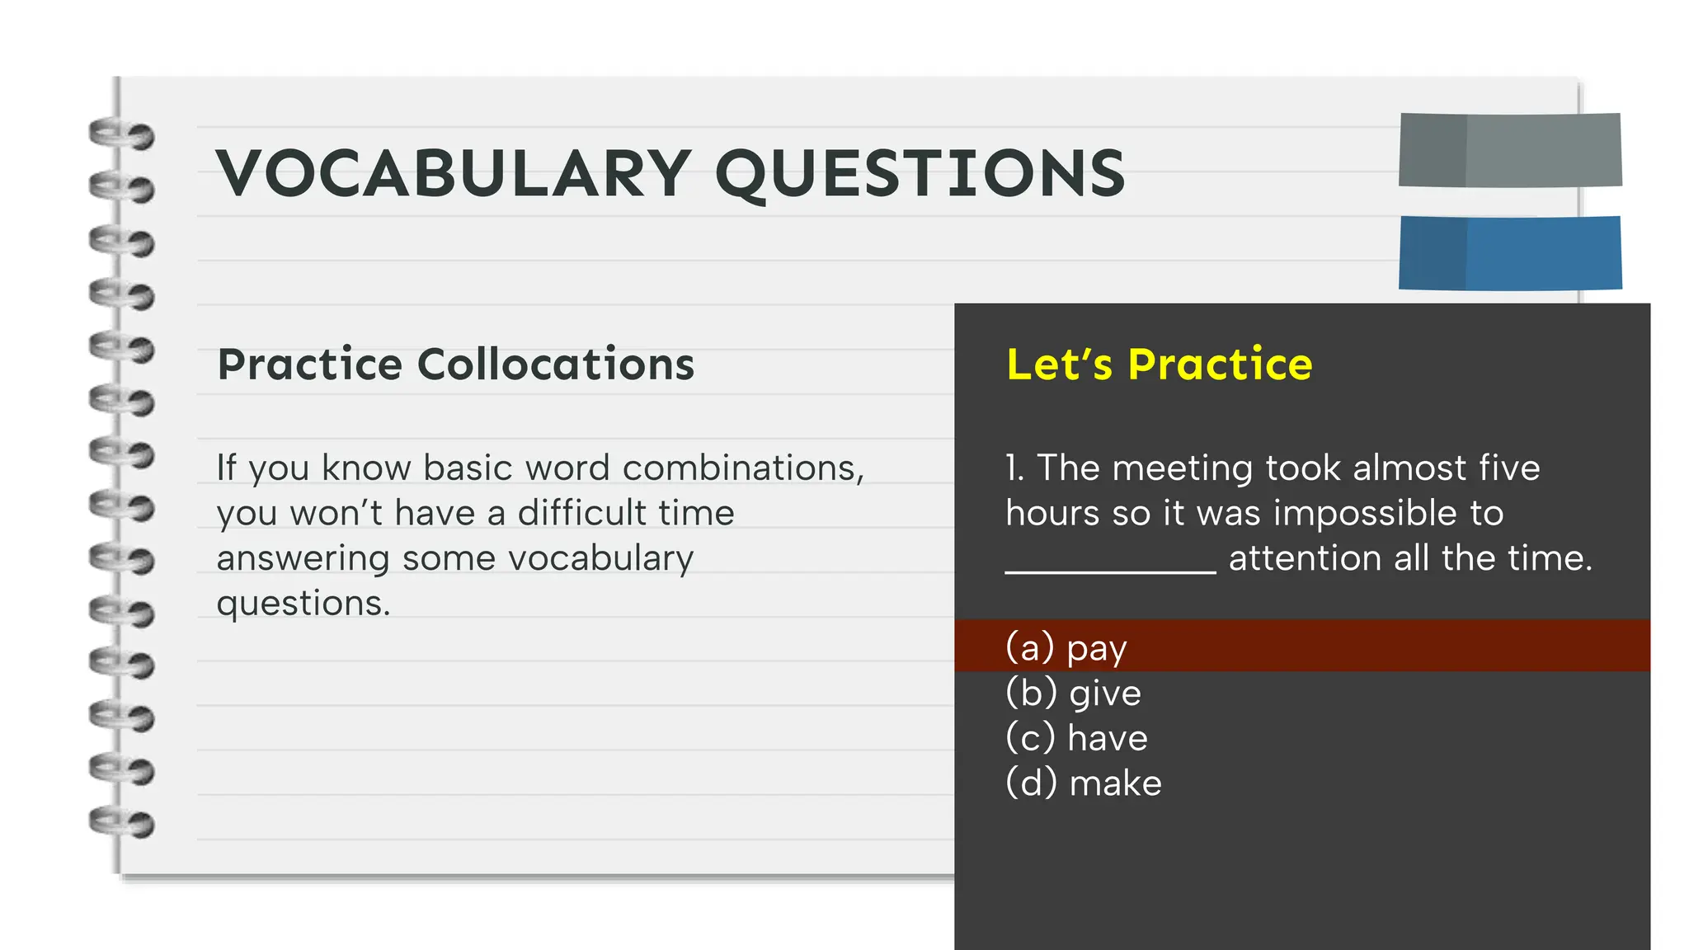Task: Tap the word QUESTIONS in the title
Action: (920, 175)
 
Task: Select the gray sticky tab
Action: (1510, 150)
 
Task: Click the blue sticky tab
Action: (1510, 253)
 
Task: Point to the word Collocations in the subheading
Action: (556, 364)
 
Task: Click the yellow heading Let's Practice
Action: (1159, 364)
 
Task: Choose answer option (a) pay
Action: (1066, 647)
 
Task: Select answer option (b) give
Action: (1073, 693)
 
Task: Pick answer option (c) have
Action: (1076, 738)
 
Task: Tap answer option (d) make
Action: (1083, 783)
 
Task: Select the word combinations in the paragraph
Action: (743, 468)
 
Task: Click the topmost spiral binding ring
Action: (121, 134)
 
